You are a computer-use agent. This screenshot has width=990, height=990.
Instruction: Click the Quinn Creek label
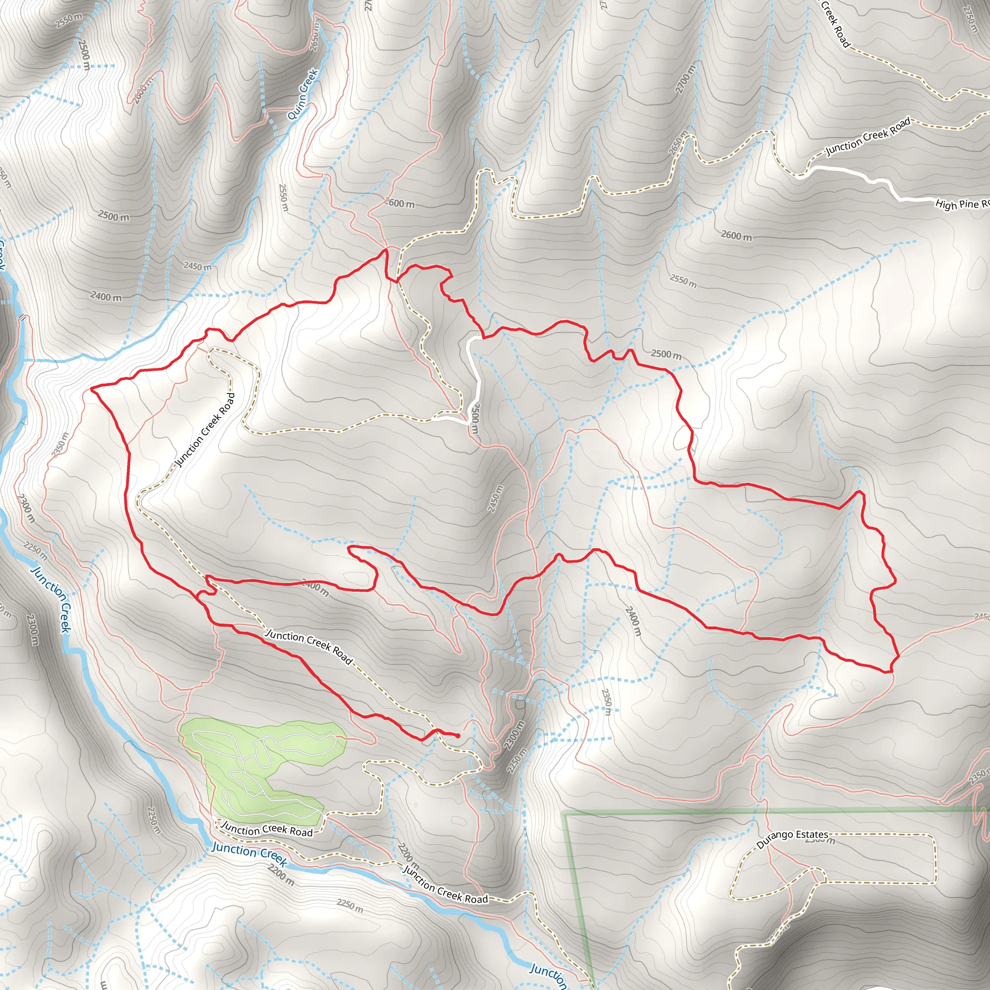(303, 94)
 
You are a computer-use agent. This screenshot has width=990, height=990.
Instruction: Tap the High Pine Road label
(961, 204)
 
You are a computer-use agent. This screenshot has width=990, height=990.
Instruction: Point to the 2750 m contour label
(970, 19)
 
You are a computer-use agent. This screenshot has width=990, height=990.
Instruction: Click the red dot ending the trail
(457, 736)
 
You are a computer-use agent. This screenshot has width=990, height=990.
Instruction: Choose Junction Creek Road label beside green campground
(266, 830)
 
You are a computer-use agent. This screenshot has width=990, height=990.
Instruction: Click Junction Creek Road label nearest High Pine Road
(868, 136)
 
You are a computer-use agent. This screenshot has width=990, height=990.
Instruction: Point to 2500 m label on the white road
(475, 419)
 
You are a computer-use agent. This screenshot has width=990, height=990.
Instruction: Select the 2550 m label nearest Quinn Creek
(283, 197)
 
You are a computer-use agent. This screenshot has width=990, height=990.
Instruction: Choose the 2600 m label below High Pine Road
(736, 235)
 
